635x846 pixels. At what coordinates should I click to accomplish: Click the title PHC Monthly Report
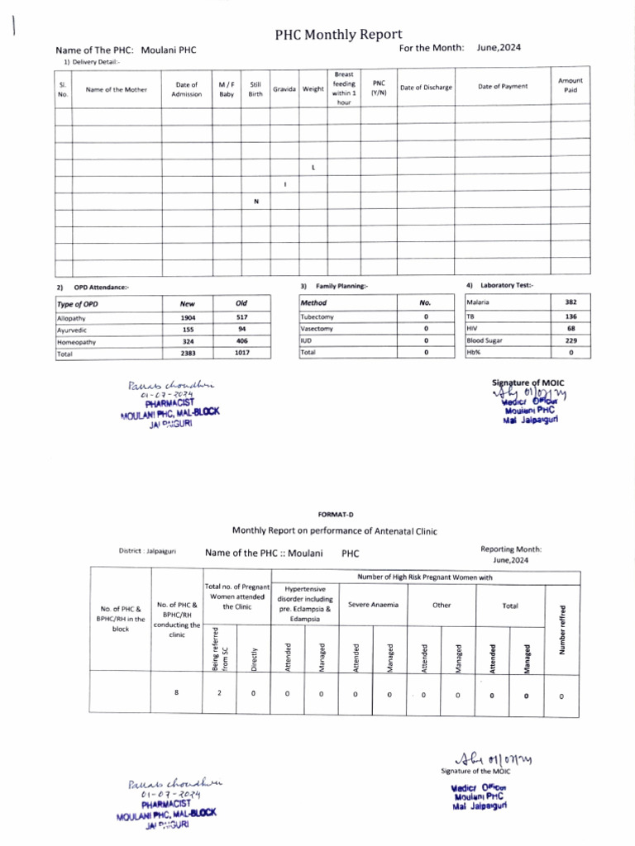339,35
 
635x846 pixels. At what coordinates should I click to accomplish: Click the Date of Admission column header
186,89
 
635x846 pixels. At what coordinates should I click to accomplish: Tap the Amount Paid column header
571,85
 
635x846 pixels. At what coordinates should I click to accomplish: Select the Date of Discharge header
426,88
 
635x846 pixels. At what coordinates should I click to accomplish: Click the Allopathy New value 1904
189,317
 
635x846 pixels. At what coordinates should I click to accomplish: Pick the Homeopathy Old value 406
242,341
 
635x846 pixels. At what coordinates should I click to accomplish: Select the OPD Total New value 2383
189,354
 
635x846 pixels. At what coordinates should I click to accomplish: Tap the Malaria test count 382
571,302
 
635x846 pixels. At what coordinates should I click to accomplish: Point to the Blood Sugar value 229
571,340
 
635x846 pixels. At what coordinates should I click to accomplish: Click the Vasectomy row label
317,329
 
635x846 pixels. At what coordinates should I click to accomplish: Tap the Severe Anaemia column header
372,605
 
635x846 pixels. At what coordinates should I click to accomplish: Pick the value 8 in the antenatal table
177,692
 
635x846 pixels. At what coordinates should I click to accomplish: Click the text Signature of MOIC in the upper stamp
527,383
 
